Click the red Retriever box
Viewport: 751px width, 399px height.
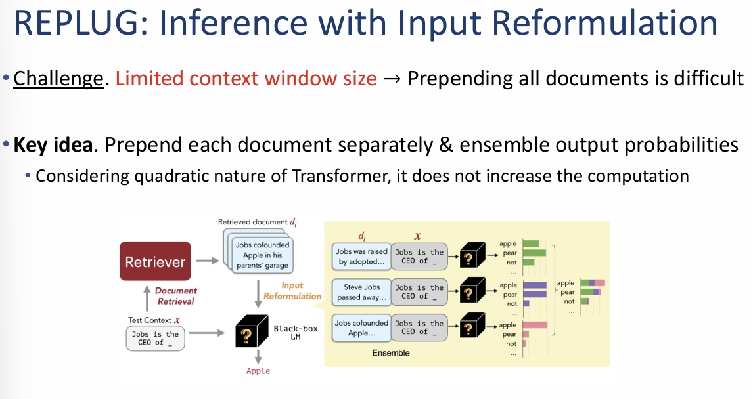(x=155, y=262)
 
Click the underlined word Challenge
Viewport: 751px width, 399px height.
(x=58, y=79)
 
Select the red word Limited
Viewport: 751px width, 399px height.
(x=149, y=79)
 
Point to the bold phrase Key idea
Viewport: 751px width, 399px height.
(x=53, y=144)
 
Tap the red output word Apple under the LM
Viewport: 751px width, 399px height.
(x=258, y=371)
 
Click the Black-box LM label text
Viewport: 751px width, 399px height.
(x=295, y=332)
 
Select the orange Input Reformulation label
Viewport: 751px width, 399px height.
(x=292, y=291)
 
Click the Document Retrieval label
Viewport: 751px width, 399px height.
(x=175, y=295)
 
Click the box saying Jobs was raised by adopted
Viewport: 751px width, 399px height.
(x=361, y=257)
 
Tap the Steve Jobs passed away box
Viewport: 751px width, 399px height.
(x=361, y=292)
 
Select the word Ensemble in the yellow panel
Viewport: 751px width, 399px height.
(x=390, y=353)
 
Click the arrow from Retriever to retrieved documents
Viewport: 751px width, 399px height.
(x=208, y=261)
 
